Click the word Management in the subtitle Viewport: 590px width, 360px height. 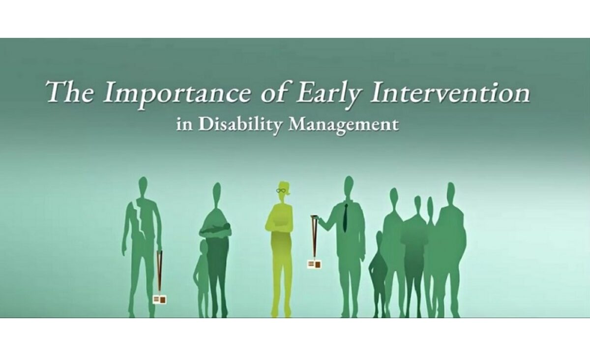[x=344, y=125]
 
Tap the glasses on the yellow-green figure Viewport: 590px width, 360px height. [x=281, y=190]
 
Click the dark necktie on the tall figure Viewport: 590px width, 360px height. [x=346, y=218]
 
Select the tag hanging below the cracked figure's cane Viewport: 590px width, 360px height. [x=160, y=300]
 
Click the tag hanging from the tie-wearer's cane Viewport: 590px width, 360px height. [x=314, y=264]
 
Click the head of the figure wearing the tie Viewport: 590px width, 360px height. [x=349, y=186]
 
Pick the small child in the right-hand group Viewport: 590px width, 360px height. [x=379, y=274]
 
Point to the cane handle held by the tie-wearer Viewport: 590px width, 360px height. [x=314, y=217]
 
